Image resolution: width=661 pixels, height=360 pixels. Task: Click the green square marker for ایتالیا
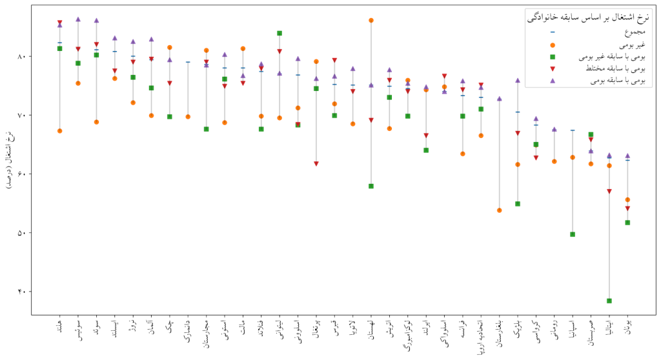609,301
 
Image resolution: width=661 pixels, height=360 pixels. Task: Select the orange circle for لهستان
371,21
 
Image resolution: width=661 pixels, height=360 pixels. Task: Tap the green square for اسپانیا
573,234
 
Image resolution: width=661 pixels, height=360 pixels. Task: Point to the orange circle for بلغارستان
500,210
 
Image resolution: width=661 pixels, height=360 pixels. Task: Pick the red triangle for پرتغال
316,164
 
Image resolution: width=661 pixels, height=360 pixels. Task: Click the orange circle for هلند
59,131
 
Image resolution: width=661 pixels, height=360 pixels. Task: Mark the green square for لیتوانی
280,33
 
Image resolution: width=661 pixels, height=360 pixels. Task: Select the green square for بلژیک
518,204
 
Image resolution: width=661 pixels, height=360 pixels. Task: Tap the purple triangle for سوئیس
78,19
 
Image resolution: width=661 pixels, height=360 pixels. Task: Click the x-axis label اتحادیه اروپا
481,335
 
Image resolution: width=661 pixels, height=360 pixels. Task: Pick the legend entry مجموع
633,32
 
